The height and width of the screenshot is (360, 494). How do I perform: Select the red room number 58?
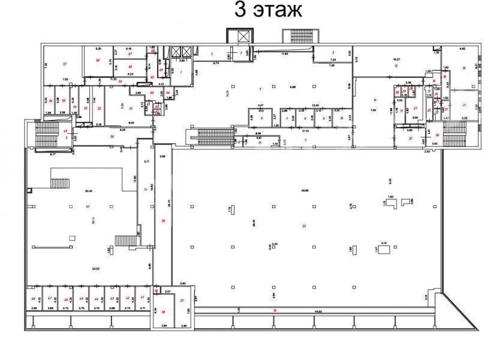coord(97,61)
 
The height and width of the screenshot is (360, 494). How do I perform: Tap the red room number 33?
coord(305,226)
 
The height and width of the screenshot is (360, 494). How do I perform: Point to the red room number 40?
coord(88,206)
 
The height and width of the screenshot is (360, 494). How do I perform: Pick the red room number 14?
coord(375,100)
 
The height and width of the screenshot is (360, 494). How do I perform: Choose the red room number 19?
coord(464,68)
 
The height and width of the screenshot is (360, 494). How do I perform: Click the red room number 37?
coord(182,300)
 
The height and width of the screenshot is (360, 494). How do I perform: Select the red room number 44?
coord(97,298)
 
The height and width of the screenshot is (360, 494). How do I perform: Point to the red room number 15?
coord(396,66)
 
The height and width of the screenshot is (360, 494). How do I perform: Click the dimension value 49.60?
coord(305,190)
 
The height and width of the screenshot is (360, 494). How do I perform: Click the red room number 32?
coord(411,138)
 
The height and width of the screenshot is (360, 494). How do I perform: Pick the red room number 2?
coord(212,55)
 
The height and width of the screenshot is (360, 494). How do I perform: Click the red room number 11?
coord(306,140)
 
